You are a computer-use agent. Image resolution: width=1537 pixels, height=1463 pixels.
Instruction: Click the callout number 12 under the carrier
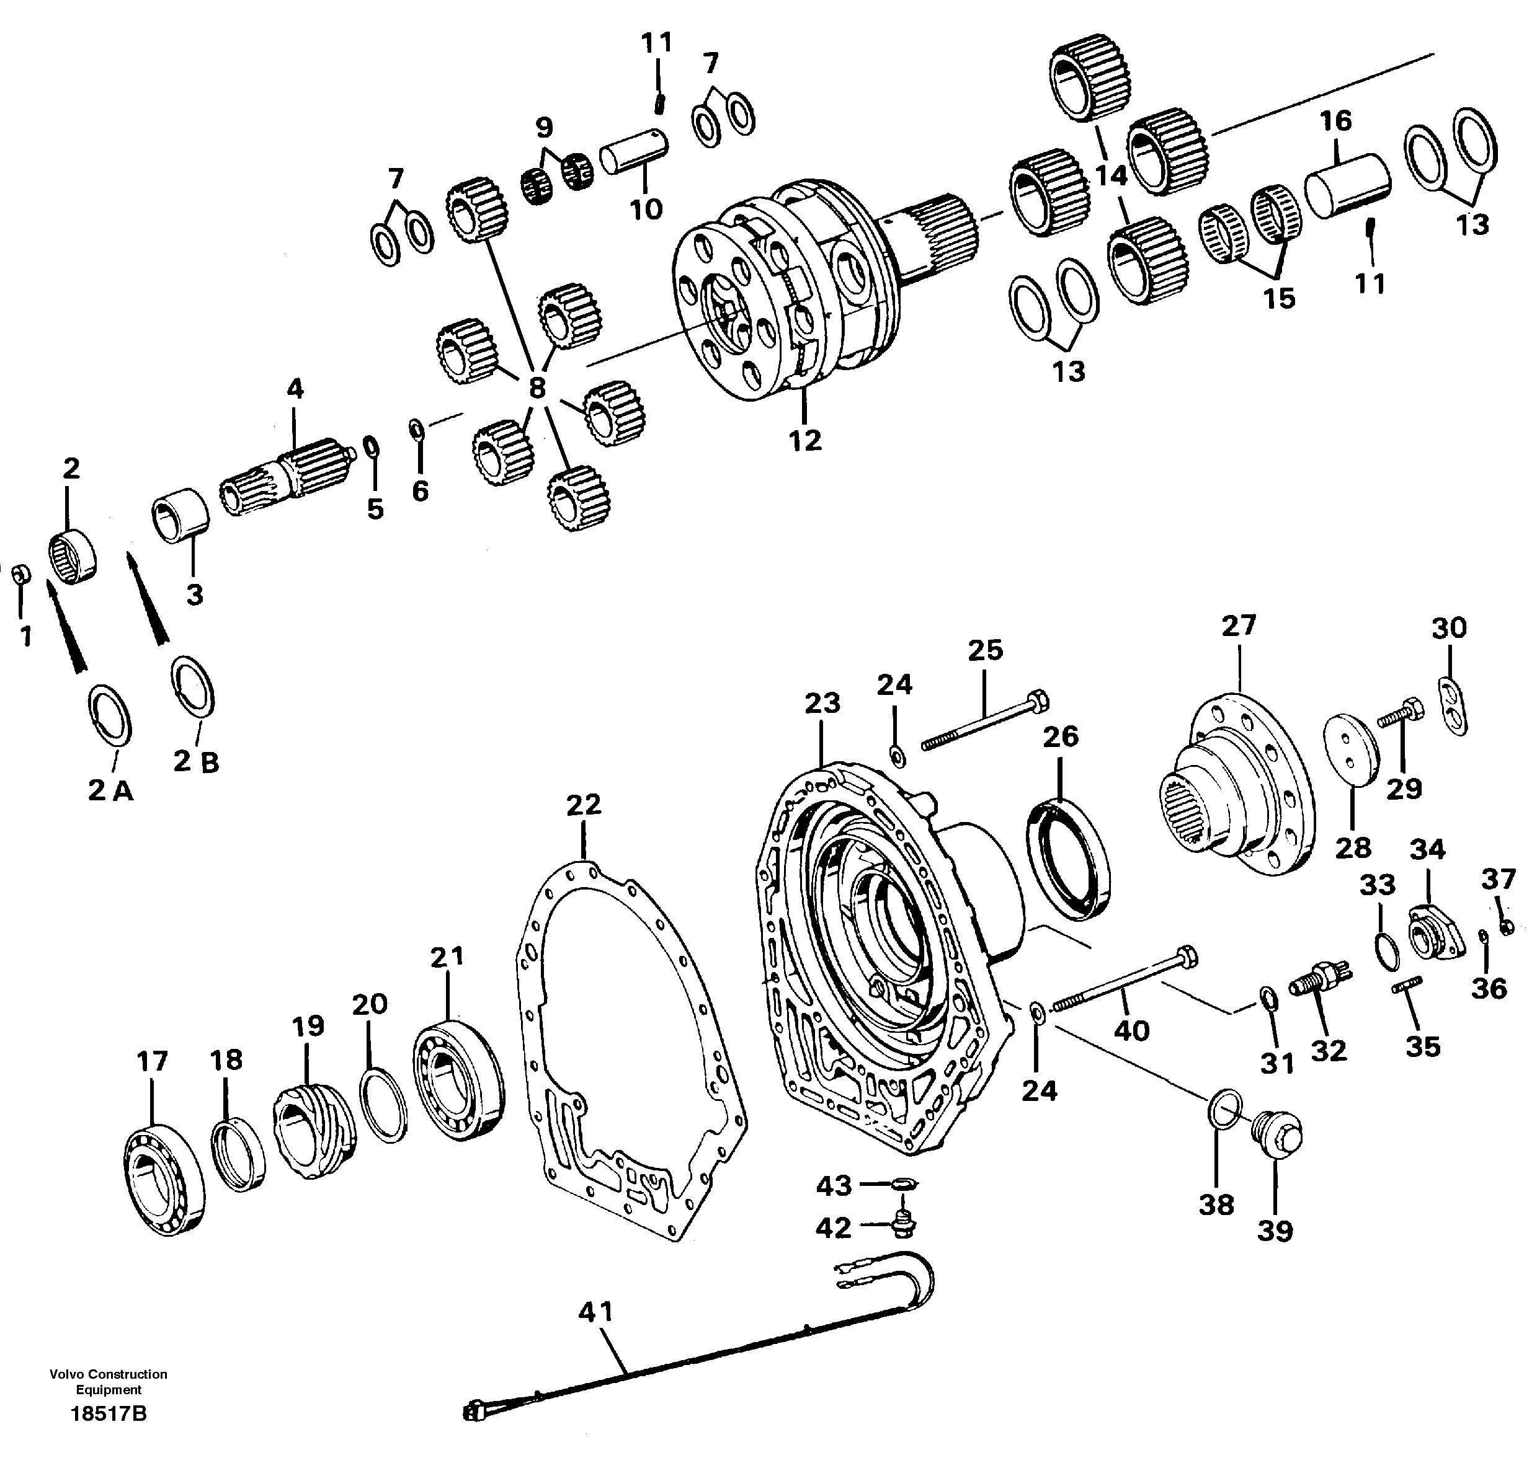pos(804,441)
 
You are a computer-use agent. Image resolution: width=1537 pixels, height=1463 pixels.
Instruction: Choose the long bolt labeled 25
pos(984,719)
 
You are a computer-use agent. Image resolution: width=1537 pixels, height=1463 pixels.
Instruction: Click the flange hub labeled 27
pos(1241,788)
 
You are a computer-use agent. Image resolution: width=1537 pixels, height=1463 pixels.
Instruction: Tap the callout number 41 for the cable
pos(596,1312)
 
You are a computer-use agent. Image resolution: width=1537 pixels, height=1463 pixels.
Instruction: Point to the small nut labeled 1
pos(22,574)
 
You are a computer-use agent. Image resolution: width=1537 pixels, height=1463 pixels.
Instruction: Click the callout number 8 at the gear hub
pos(537,387)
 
